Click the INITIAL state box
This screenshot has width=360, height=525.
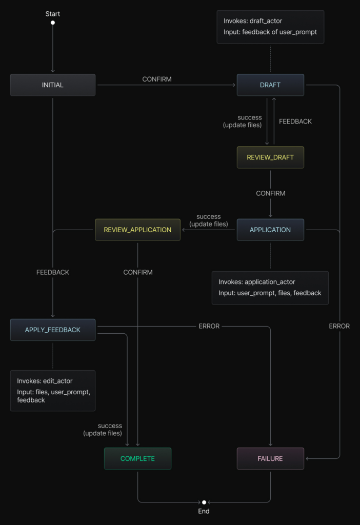(53, 85)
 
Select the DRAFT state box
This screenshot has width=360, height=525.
(270, 85)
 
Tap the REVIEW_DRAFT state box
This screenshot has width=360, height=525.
(270, 157)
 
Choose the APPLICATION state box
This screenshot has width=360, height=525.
(270, 230)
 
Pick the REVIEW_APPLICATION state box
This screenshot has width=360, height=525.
(137, 230)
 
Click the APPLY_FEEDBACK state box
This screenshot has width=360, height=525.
(53, 330)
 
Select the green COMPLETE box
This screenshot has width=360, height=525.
(137, 458)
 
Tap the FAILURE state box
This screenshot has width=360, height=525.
(270, 458)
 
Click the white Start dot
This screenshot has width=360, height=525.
(53, 23)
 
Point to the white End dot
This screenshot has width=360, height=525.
(204, 502)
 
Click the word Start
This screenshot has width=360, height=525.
(53, 14)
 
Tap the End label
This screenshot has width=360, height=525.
(204, 511)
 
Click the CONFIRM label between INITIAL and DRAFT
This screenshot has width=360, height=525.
(157, 79)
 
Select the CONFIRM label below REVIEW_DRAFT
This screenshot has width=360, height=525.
(271, 193)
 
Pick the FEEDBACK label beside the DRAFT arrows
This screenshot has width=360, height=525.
(295, 122)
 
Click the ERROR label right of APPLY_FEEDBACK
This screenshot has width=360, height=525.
(209, 326)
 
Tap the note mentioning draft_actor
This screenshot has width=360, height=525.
(270, 27)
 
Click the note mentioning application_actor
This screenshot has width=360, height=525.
(270, 288)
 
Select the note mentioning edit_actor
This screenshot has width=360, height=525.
(53, 390)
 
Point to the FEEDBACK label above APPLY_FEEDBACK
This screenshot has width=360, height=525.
(53, 272)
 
